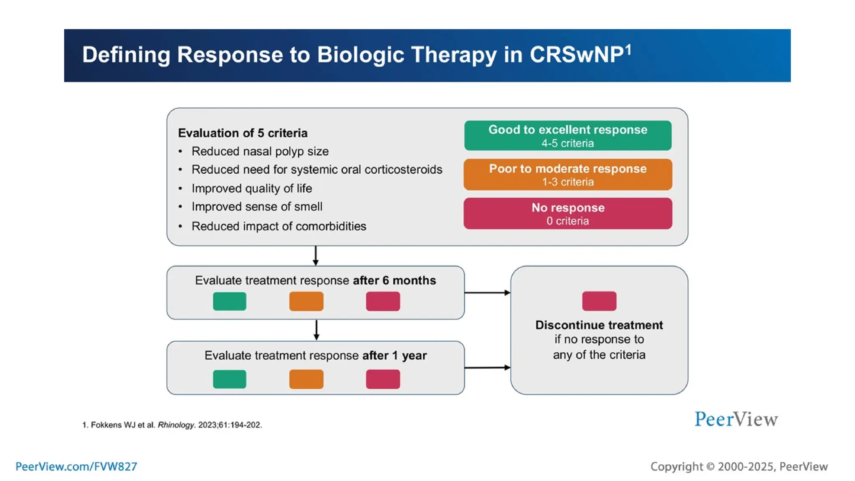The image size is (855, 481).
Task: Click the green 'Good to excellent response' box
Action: (x=568, y=136)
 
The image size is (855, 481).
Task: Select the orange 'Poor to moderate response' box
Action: (x=568, y=175)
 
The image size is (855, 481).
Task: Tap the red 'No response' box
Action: (x=568, y=213)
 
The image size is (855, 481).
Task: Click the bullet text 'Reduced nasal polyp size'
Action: (x=260, y=151)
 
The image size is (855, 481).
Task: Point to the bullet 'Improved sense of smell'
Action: (x=257, y=207)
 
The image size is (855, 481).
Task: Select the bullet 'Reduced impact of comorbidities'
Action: (x=278, y=226)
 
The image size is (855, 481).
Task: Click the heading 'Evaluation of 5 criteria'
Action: (x=243, y=133)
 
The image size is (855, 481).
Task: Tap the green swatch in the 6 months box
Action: (x=230, y=301)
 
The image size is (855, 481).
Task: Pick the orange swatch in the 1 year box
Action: (x=306, y=379)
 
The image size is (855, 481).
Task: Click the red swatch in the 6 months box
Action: (x=383, y=301)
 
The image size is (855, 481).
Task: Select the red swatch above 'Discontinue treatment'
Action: (x=599, y=301)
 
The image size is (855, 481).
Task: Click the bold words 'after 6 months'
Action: (x=394, y=280)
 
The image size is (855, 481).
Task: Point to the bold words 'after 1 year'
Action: (x=394, y=355)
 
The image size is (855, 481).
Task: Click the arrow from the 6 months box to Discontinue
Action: (x=487, y=293)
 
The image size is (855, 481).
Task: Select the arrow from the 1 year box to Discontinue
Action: (x=487, y=367)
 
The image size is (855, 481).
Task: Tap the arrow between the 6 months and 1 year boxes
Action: (x=316, y=330)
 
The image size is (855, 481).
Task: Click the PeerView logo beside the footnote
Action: (x=736, y=419)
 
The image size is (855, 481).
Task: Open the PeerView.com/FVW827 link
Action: (x=76, y=466)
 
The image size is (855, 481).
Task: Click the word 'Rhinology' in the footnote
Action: (x=176, y=425)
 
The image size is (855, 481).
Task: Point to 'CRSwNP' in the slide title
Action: (x=576, y=55)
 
